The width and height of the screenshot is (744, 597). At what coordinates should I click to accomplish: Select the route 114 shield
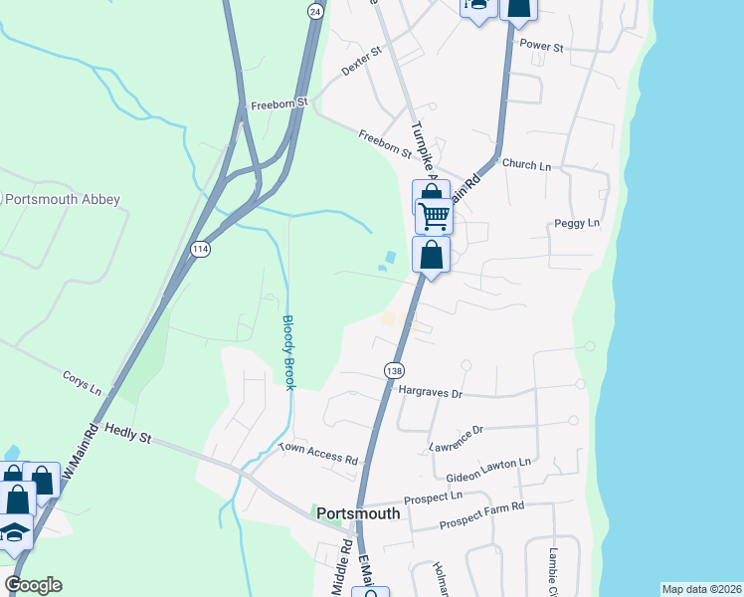pyautogui.click(x=201, y=250)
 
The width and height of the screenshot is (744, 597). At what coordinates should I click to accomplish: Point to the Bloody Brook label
pyautogui.click(x=288, y=352)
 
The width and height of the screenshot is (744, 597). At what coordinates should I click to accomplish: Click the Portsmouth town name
pyautogui.click(x=358, y=514)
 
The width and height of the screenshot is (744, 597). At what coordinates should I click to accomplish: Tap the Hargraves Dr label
pyautogui.click(x=431, y=393)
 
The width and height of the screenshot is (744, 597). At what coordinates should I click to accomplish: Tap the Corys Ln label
pyautogui.click(x=83, y=383)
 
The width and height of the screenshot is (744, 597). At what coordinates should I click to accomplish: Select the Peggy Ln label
pyautogui.click(x=580, y=223)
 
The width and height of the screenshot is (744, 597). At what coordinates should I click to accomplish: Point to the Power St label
pyautogui.click(x=542, y=47)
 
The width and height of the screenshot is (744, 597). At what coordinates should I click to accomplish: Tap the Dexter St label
pyautogui.click(x=362, y=63)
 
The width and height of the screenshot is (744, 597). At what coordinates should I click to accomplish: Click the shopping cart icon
pyautogui.click(x=434, y=215)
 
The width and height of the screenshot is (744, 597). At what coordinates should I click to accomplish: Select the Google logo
pyautogui.click(x=33, y=585)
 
